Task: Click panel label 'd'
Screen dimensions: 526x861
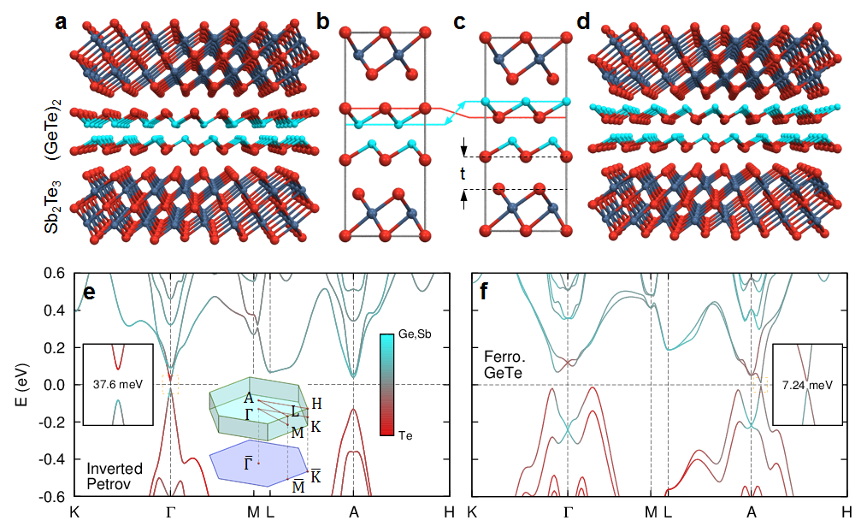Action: [585, 21]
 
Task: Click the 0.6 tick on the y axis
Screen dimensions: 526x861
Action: [54, 273]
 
